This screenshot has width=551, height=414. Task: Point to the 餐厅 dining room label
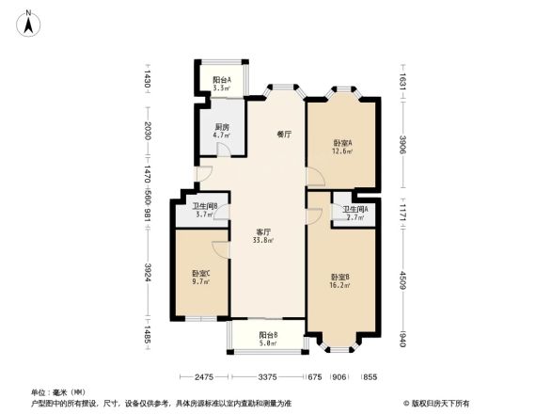click(283, 135)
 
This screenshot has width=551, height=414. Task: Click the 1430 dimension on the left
click(149, 83)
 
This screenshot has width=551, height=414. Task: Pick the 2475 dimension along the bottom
click(207, 378)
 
